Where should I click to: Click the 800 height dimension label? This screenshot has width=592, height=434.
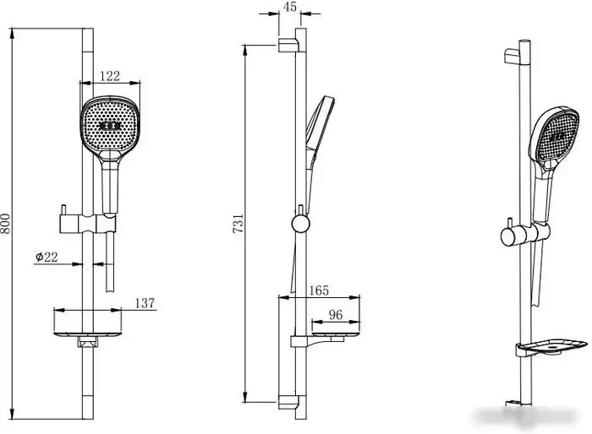5,224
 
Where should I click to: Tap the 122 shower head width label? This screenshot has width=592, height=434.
110,76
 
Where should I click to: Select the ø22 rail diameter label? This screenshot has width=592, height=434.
47,258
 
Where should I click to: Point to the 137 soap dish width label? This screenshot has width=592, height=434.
145,303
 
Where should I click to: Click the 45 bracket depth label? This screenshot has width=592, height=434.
289,7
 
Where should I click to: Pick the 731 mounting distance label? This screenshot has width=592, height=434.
238,224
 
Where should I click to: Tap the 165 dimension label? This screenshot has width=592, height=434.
319,290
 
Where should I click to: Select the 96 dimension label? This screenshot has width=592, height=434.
335,315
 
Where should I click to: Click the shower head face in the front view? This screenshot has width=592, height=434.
110,124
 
